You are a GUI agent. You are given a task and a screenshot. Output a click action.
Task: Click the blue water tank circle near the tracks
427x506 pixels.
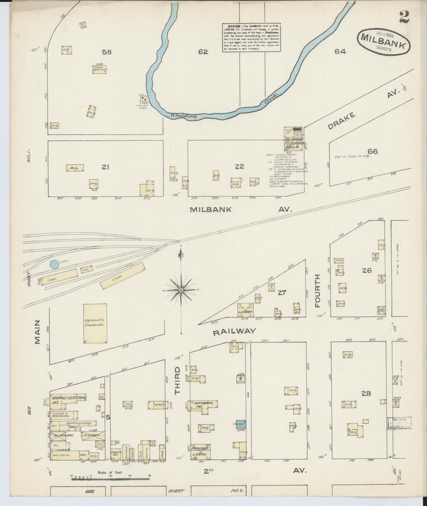(54, 264)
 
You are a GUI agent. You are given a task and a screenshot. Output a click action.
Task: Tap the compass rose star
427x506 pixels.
(181, 290)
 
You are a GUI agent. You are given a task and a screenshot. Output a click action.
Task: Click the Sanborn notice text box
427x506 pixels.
(251, 38)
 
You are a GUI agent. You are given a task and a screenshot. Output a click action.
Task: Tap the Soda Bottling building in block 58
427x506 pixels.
(99, 69)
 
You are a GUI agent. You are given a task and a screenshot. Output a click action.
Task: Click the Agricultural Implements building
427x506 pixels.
(95, 323)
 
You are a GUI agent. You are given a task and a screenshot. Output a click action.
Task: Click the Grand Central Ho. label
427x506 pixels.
(67, 400)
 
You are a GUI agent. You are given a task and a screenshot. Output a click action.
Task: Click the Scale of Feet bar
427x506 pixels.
(111, 476)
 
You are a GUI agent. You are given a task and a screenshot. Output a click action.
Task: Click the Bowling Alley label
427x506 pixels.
(78, 423)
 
